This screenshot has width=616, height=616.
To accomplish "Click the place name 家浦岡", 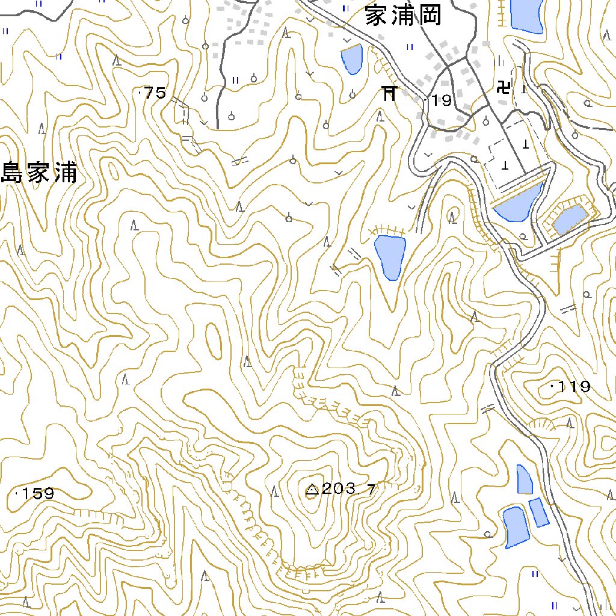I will tap(403, 16).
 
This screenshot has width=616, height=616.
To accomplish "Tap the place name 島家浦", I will tap(39, 173).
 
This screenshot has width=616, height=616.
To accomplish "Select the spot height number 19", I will tap(442, 100).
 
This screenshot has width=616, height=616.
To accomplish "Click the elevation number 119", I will tap(574, 387).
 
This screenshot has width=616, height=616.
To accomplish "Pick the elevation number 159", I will tap(38, 494).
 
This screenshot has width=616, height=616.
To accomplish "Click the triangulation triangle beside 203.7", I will tap(312, 490).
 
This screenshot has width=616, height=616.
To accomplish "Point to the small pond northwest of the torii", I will tap(351, 58).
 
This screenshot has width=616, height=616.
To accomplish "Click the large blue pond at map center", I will tap(390, 256).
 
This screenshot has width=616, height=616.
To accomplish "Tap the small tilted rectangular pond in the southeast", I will tap(539, 512).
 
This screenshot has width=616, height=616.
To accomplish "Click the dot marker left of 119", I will tap(552, 387).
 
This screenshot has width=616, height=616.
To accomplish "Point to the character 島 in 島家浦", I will tap(13, 173).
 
